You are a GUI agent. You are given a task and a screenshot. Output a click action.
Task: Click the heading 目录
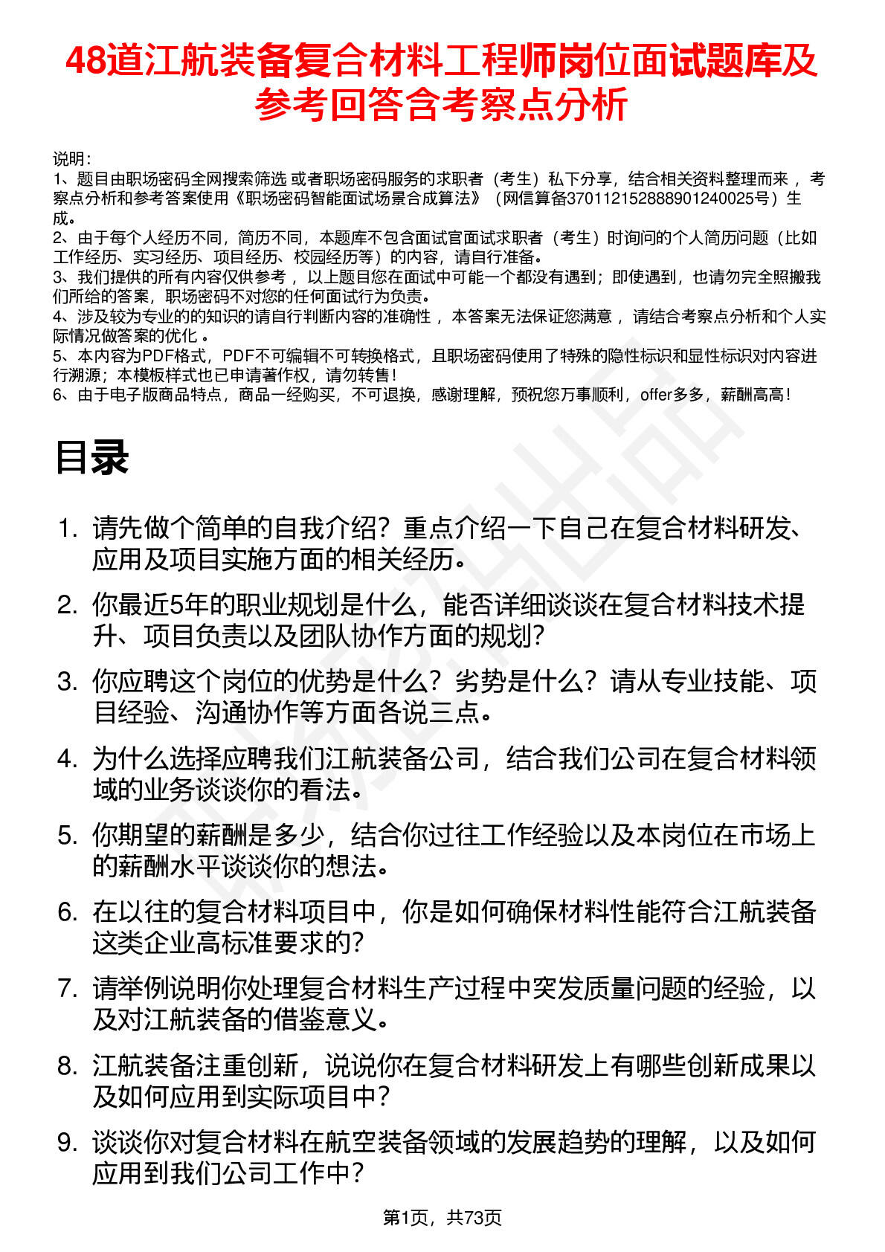tap(91, 457)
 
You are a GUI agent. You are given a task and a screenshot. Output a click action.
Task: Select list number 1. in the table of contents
tap(68, 529)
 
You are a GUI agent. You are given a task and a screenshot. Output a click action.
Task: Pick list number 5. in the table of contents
tap(68, 836)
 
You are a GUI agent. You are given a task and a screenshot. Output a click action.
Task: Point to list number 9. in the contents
tap(68, 1143)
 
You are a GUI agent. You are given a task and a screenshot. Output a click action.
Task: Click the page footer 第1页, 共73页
tap(442, 1217)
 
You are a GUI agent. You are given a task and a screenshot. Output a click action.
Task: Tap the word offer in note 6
tap(655, 395)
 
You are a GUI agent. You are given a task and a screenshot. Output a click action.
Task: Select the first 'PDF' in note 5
tap(157, 356)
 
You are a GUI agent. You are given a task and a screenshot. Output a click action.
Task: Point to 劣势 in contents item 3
tap(480, 682)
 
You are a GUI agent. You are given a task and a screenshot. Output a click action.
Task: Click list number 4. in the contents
tap(68, 759)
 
